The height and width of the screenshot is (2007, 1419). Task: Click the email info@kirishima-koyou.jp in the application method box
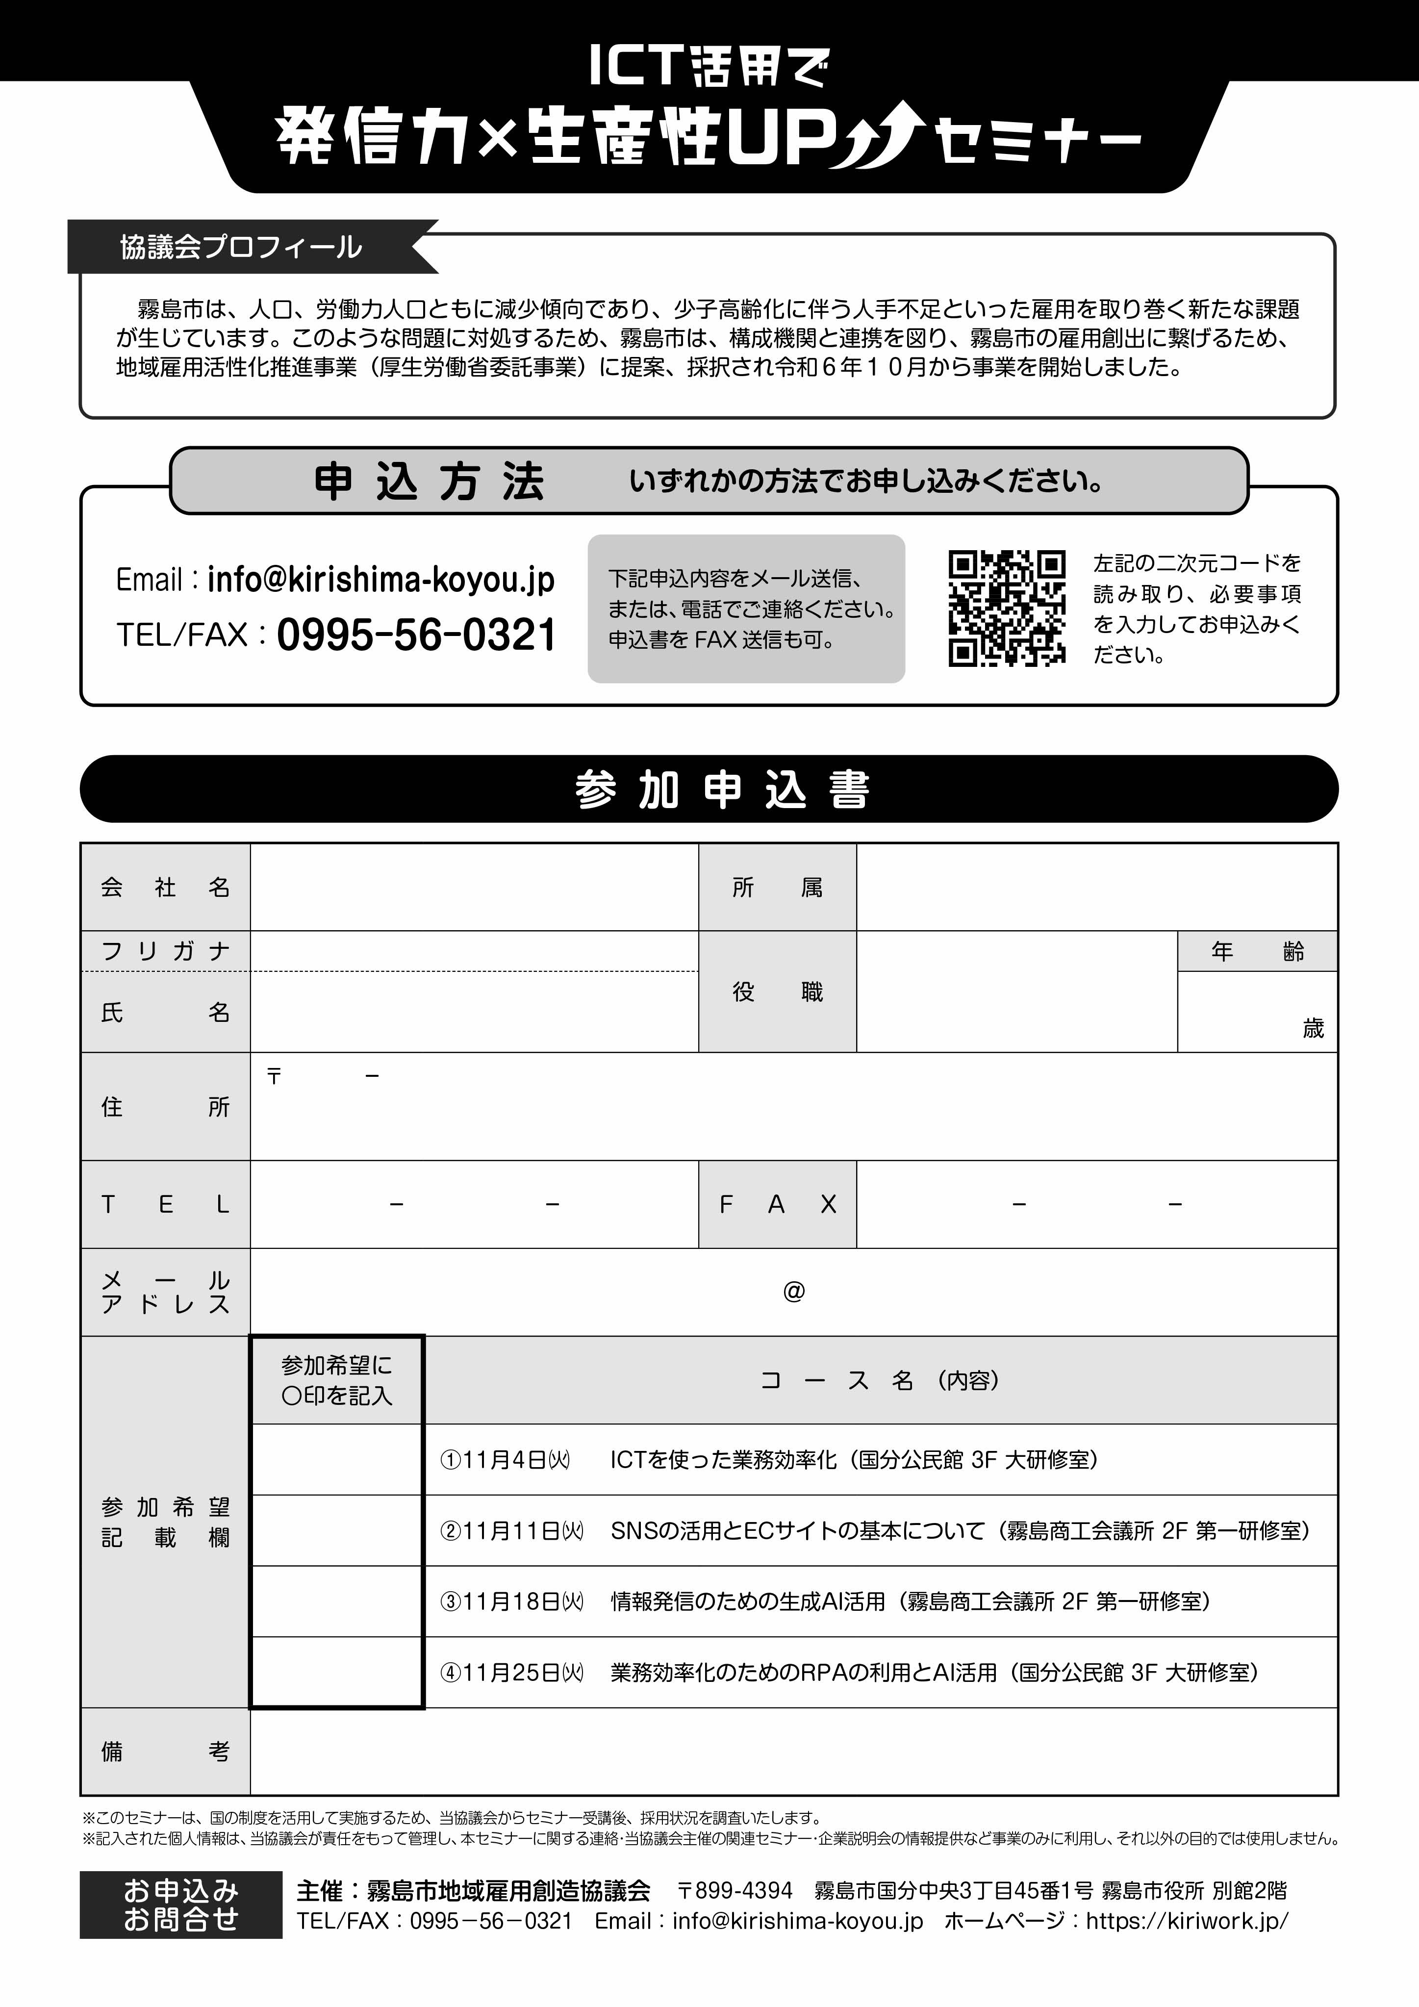(x=380, y=580)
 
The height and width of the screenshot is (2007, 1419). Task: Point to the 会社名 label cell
(x=165, y=887)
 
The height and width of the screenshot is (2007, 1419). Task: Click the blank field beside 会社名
(x=474, y=887)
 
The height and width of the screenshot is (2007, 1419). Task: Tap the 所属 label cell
(x=776, y=887)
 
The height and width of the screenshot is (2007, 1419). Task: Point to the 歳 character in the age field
(x=1313, y=1029)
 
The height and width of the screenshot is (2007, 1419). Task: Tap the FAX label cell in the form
(x=776, y=1205)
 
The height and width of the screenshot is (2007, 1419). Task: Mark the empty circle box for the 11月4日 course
(x=337, y=1460)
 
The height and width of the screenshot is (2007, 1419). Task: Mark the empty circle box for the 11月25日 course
(x=337, y=1672)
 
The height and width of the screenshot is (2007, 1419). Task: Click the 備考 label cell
(x=165, y=1751)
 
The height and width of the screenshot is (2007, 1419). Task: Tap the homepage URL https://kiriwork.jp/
(x=1187, y=1921)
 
